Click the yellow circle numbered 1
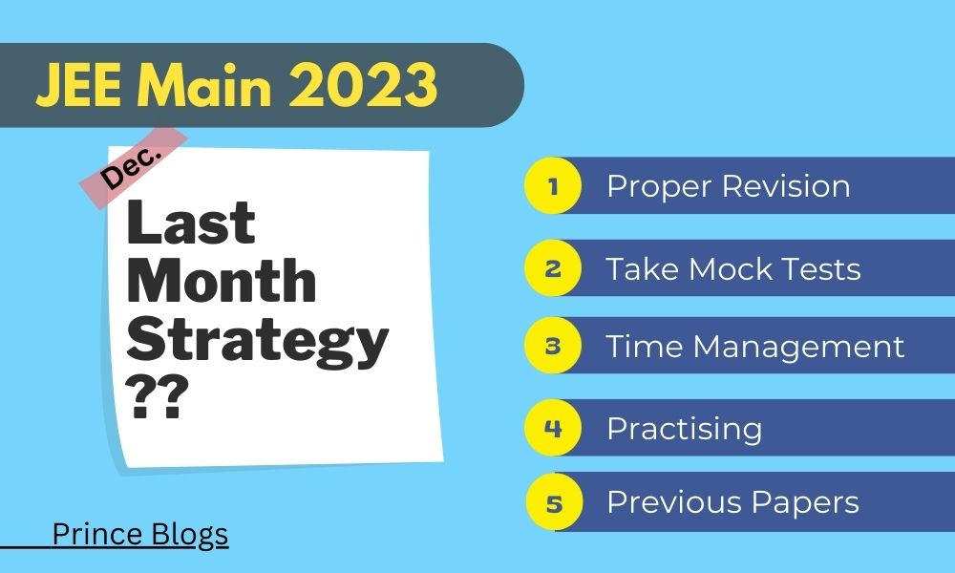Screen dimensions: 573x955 point(552,185)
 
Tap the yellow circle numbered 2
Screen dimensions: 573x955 point(552,267)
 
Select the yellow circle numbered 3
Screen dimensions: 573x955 point(552,345)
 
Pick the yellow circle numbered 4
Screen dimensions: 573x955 point(552,427)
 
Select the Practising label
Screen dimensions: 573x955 point(684,428)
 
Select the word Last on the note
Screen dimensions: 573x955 point(192,223)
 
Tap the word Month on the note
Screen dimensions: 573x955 point(222,282)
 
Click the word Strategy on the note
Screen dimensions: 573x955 point(258,339)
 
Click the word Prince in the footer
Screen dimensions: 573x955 point(97,534)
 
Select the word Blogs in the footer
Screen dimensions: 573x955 point(189,534)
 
